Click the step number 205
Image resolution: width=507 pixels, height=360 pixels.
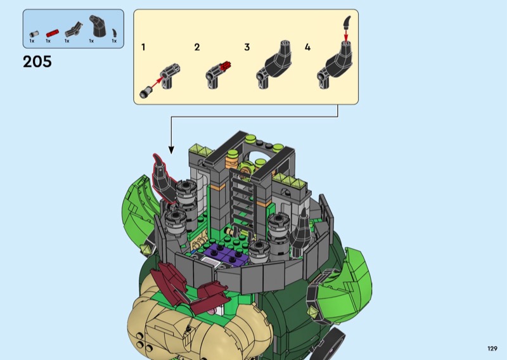coord(37,61)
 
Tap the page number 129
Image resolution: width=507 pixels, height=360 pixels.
coord(492,349)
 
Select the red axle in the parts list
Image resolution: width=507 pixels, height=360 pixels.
coord(53,33)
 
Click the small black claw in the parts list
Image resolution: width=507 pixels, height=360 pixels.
coord(115,33)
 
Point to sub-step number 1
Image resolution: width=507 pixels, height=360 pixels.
coord(143,48)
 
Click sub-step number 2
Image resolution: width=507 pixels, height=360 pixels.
coord(197,48)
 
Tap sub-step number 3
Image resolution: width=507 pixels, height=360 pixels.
coord(247,48)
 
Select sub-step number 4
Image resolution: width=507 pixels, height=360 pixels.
coord(307,48)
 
